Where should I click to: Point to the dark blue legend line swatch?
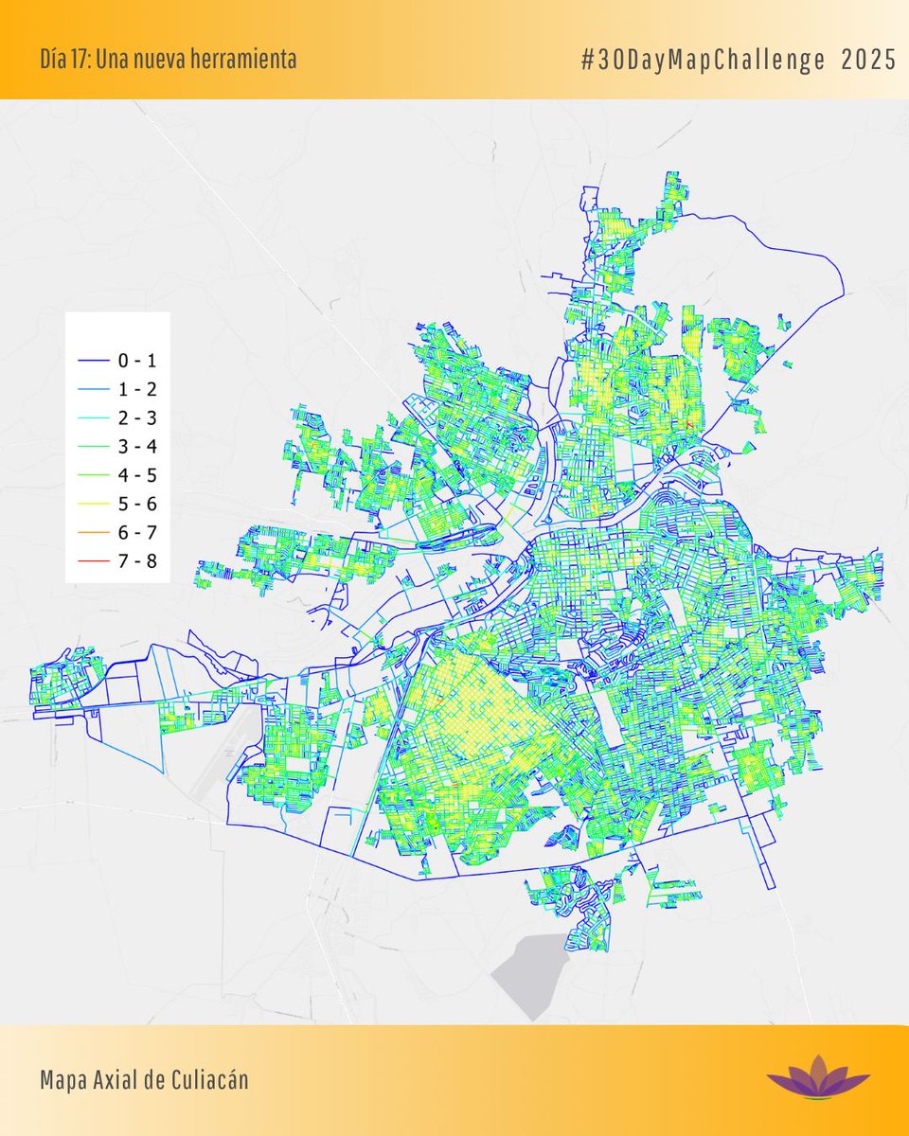pos(92,360)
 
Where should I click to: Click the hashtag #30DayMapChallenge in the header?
pos(704,61)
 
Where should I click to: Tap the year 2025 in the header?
pos(868,61)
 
